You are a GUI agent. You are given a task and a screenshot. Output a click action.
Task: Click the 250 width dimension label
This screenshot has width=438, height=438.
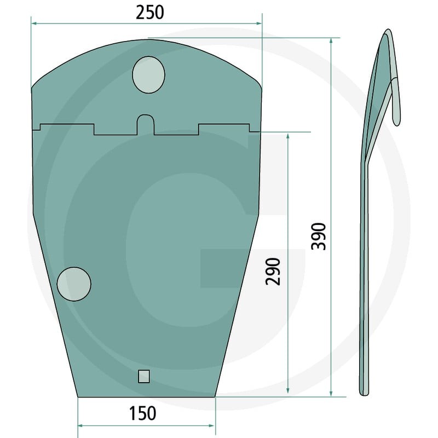click(150, 12)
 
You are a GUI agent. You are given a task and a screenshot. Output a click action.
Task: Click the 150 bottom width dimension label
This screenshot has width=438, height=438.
click(143, 413)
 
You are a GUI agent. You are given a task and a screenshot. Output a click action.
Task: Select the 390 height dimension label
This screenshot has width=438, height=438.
click(319, 237)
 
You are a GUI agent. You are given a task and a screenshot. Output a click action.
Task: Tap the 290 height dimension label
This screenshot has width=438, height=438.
click(274, 271)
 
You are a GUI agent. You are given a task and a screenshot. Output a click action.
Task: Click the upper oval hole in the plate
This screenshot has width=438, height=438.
click(148, 74)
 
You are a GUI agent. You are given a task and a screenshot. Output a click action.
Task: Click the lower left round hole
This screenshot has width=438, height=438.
click(74, 284)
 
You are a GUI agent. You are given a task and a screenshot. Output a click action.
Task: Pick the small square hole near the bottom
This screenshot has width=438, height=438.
click(144, 376)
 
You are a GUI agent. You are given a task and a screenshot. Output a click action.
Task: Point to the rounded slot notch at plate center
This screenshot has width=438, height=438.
click(146, 123)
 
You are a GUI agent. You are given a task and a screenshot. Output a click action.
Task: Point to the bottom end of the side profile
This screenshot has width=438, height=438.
click(365, 392)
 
